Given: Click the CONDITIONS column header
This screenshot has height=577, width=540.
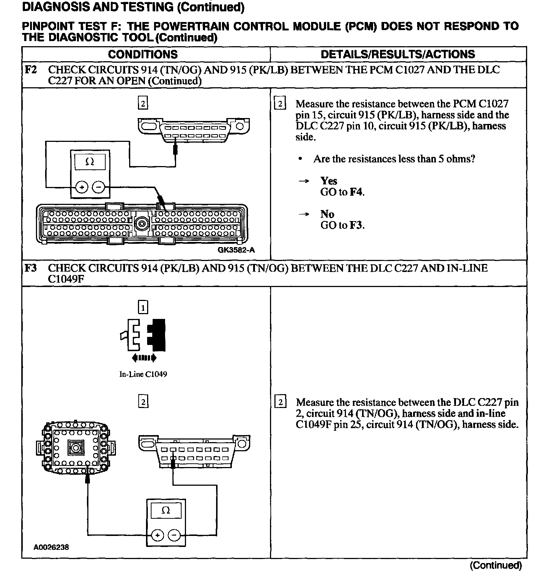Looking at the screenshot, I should pyautogui.click(x=143, y=55).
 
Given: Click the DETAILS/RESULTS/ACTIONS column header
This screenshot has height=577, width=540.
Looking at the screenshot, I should pyautogui.click(x=398, y=55).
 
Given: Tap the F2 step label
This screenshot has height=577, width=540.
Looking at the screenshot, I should pyautogui.click(x=31, y=70).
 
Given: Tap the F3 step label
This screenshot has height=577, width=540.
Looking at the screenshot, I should pyautogui.click(x=31, y=268).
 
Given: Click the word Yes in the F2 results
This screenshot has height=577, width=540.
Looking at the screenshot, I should pyautogui.click(x=329, y=181).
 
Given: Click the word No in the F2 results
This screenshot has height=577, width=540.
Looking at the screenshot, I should pyautogui.click(x=327, y=214).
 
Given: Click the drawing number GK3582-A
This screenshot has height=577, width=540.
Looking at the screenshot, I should pyautogui.click(x=236, y=250).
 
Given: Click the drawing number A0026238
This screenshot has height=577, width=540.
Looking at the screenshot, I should pyautogui.click(x=51, y=547).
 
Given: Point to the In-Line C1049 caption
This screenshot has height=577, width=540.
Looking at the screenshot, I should pyautogui.click(x=143, y=374).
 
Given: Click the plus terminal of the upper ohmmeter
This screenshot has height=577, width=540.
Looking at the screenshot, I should pyautogui.click(x=81, y=187).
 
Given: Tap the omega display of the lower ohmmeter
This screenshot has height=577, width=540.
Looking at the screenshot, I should pyautogui.click(x=166, y=510).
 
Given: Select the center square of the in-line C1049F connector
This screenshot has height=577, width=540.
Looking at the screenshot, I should pyautogui.click(x=76, y=448).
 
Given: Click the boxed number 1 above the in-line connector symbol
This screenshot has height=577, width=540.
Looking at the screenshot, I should pyautogui.click(x=143, y=307).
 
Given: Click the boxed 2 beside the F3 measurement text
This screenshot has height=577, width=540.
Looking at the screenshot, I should pyautogui.click(x=280, y=403).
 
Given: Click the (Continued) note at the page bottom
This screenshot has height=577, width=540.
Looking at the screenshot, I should pyautogui.click(x=496, y=565).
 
